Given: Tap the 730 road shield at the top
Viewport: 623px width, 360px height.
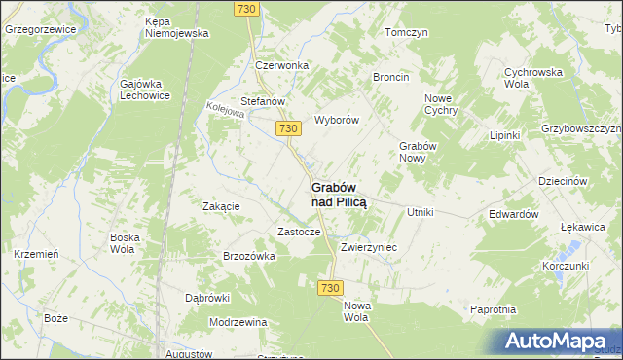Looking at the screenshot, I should pyautogui.click(x=246, y=9).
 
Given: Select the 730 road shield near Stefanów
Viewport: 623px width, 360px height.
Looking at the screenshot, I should pyautogui.click(x=286, y=128).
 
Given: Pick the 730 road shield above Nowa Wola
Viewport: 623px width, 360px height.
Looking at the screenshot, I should pyautogui.click(x=330, y=289).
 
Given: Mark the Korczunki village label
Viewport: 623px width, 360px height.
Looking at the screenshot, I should pyautogui.click(x=567, y=266).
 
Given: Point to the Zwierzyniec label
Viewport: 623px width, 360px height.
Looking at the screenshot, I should pyautogui.click(x=368, y=248).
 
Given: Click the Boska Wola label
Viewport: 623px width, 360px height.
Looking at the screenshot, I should pyautogui.click(x=126, y=242).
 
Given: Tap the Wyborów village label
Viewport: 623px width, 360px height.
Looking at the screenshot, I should pyautogui.click(x=337, y=121).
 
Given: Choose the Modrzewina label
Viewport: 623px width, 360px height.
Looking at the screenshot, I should pyautogui.click(x=238, y=321).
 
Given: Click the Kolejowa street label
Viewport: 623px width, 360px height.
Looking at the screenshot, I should pyautogui.click(x=225, y=112).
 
